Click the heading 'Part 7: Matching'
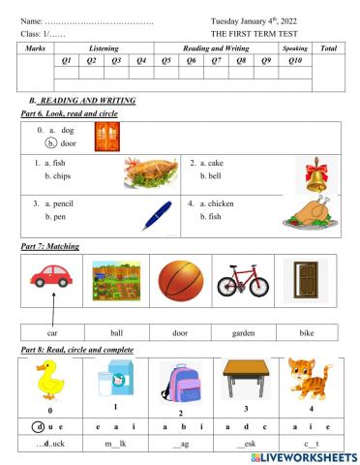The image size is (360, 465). [51, 246]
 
